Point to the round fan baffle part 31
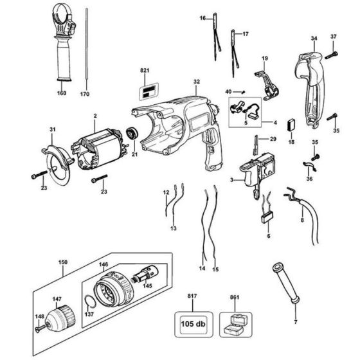(59, 160)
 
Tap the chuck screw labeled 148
(41, 328)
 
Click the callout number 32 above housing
(196, 82)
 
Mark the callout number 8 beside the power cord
(301, 220)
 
